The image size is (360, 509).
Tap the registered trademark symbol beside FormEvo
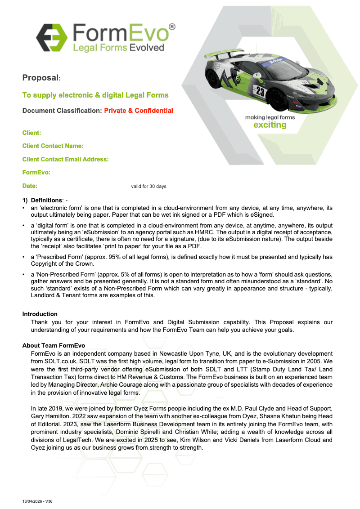pos(171,27)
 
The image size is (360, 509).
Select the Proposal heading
pos(41,78)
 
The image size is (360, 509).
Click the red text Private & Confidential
pos(139,111)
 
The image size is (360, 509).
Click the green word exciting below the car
pos(270,125)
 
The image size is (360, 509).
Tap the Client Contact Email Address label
pos(65,160)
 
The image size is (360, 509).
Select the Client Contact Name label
pos(53,146)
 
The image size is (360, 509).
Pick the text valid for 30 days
pos(148,187)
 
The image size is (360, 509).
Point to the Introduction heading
pos(40,314)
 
